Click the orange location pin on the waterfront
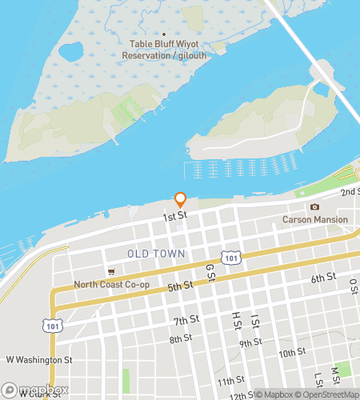pyautogui.click(x=181, y=199)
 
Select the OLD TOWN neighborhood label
pyautogui.click(x=156, y=254)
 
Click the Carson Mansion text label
pyautogui.click(x=315, y=219)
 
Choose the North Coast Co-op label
pyautogui.click(x=111, y=284)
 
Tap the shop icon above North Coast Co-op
pyautogui.click(x=111, y=272)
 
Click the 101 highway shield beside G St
pyautogui.click(x=230, y=258)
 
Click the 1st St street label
pyautogui.click(x=175, y=216)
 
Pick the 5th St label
pyautogui.click(x=180, y=286)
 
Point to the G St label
pyautogui.click(x=211, y=272)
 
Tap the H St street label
pyautogui.click(x=237, y=319)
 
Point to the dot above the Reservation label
pyautogui.click(x=163, y=35)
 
